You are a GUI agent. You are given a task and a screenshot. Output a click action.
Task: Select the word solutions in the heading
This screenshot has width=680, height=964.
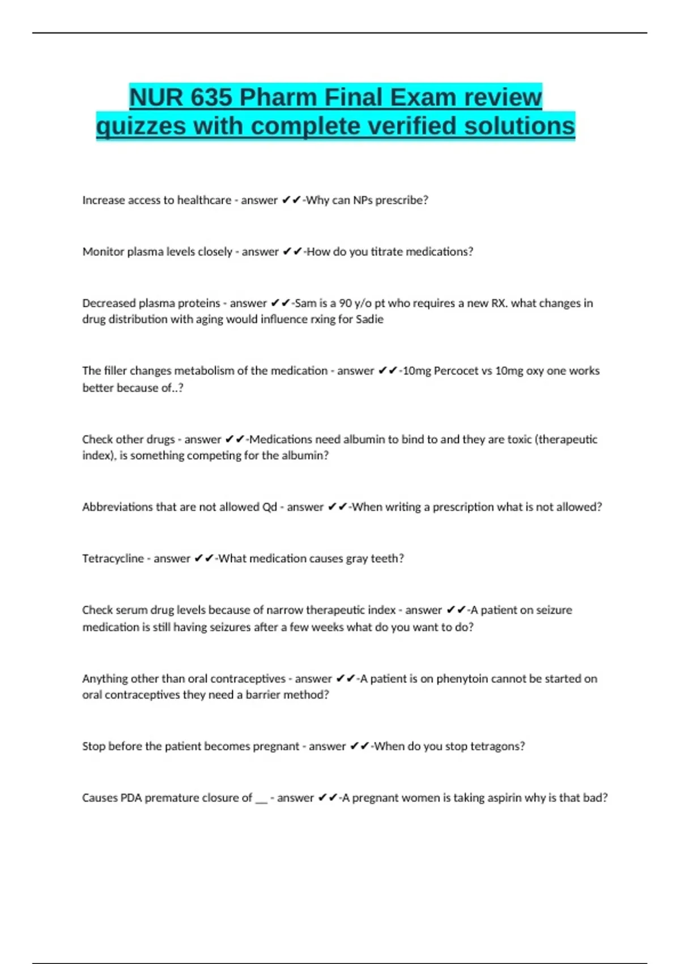pos(519,126)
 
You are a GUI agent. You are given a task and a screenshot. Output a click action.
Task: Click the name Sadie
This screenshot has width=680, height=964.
pos(369,319)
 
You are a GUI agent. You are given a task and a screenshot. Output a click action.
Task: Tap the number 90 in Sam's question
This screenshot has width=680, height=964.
pos(345,303)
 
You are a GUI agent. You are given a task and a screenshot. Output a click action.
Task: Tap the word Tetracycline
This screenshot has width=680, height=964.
pos(113,559)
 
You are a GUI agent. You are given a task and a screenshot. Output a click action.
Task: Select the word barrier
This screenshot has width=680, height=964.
pos(263,695)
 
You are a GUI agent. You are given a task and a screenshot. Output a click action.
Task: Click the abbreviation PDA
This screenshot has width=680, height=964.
pos(131,798)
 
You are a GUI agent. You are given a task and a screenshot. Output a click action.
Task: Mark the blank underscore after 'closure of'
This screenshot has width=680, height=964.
pos(261,800)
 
